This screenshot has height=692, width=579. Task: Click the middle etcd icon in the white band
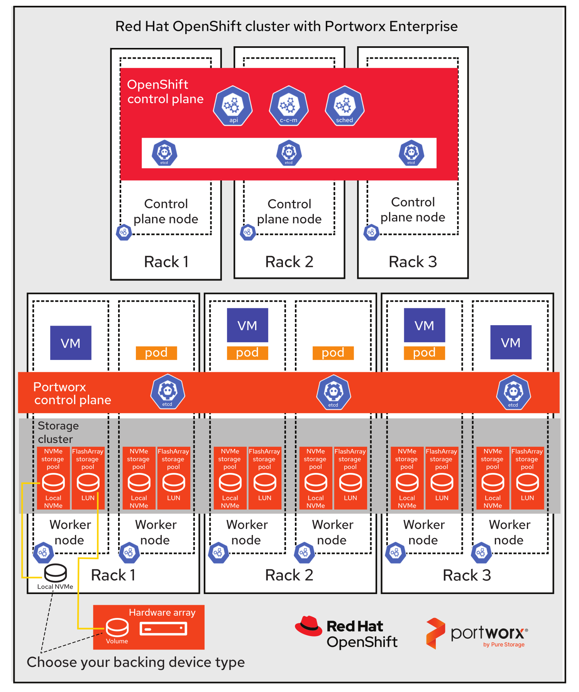click(x=289, y=153)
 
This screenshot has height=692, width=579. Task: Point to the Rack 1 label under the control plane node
click(x=166, y=262)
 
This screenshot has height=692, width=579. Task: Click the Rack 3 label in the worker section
click(x=467, y=575)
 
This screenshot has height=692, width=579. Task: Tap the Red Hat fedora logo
click(x=308, y=626)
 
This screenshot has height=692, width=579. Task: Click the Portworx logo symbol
click(x=435, y=633)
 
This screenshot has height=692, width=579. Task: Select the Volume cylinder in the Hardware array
click(x=117, y=628)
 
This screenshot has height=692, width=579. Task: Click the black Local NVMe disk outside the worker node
click(x=56, y=573)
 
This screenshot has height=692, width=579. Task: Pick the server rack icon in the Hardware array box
click(x=163, y=629)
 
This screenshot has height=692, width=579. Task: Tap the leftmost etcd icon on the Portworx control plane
click(x=168, y=392)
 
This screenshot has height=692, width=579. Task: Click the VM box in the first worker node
click(x=71, y=343)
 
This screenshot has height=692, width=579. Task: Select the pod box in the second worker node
click(x=156, y=353)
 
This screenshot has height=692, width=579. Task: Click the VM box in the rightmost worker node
click(x=511, y=342)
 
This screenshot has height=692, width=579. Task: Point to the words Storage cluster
click(x=58, y=432)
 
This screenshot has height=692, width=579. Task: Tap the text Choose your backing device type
click(x=135, y=662)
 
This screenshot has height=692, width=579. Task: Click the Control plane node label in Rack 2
click(x=289, y=211)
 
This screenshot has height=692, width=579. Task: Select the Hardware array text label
click(x=162, y=613)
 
